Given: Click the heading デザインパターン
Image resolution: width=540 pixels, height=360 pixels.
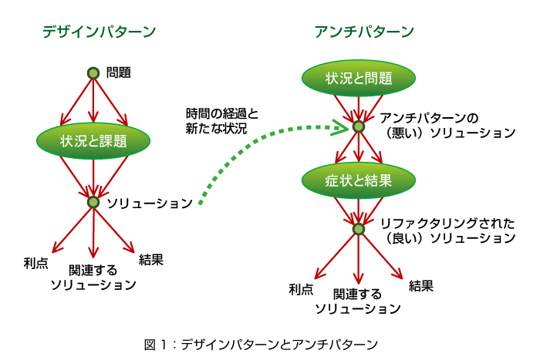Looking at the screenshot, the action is coord(100,32).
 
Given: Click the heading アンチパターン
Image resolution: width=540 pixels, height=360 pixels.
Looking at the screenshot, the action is coord(364,32).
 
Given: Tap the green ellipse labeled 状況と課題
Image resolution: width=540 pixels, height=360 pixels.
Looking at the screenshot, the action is coord(93,141).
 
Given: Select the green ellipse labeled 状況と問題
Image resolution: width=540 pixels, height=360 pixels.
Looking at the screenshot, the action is coord(359,78).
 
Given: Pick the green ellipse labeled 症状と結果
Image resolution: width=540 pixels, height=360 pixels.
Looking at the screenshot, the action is coord(359,180).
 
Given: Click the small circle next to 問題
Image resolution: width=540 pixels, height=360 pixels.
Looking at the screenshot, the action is coord(93,73).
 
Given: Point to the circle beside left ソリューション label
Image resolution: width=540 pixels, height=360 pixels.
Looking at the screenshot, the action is coord(93,202).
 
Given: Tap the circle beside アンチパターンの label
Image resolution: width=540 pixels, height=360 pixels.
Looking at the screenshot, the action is coord(359,126).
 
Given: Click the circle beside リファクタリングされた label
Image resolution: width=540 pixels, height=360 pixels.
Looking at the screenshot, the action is coord(359,229).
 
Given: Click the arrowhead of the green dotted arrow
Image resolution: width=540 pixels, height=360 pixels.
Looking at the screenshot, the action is coord(344,127).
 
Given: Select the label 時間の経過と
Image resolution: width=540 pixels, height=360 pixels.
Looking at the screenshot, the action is coord(222,113).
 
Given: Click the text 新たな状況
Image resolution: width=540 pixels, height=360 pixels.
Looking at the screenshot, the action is coord(216,129).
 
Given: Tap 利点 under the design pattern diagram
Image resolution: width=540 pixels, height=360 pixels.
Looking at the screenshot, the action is coord(35,264).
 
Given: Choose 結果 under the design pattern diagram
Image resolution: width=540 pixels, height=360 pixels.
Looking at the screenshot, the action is coord(151,260).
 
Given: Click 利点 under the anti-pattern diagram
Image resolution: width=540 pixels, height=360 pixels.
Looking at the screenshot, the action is coord(301,289).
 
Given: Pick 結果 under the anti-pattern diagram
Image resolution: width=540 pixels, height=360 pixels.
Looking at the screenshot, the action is coord(421,286).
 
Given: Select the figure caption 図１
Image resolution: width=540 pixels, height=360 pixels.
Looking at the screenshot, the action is coord(155,345).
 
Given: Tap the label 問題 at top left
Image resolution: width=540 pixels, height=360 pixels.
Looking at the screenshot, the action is coord(119,72).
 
